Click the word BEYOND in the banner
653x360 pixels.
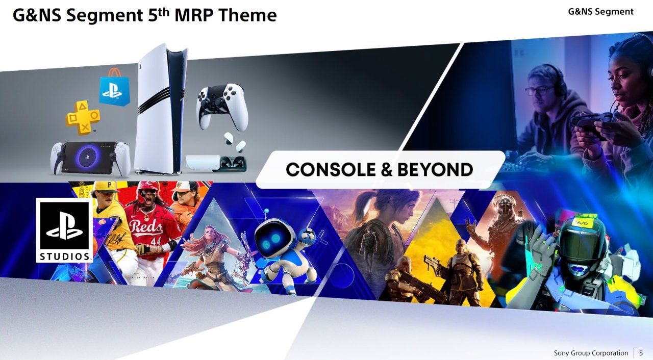[435, 169]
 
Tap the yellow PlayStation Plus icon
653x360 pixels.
[83, 118]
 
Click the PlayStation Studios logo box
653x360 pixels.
[64, 230]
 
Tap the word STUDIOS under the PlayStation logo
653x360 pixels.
[64, 256]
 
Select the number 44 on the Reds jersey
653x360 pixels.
[156, 241]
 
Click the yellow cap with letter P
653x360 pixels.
[106, 187]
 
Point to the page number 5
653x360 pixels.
[641, 353]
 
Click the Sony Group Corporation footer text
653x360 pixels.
[591, 353]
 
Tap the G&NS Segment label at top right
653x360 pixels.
[601, 12]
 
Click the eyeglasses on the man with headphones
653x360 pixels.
[539, 90]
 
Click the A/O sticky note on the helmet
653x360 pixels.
[582, 223]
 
